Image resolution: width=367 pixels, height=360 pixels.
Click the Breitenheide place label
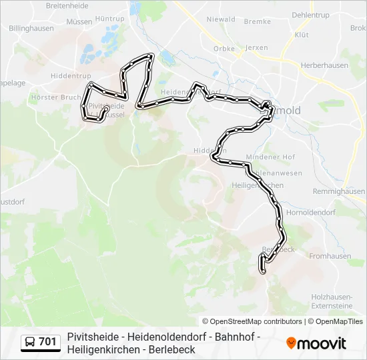67,5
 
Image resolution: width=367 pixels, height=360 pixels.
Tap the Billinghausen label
31,29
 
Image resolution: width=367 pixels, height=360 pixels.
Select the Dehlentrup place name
311,14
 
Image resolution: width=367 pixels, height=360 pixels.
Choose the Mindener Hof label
261,157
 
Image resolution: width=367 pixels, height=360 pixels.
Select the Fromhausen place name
330,256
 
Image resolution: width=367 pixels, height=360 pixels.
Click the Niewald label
221,19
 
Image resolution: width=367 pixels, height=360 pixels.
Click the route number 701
47,342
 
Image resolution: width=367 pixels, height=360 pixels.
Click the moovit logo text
322,343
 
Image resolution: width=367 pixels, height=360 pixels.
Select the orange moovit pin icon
291,343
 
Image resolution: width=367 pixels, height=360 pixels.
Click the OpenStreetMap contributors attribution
252,321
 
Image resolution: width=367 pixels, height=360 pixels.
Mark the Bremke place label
258,21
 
